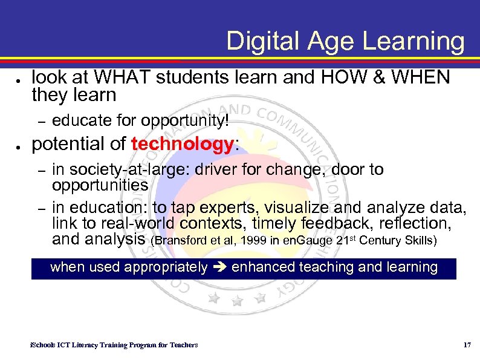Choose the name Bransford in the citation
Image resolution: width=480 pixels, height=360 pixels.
pos(179,240)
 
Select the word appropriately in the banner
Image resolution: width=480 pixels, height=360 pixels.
pos(166,267)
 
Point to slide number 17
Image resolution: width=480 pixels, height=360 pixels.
pos(466,345)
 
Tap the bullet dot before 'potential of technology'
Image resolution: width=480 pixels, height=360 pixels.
pos(19,146)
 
